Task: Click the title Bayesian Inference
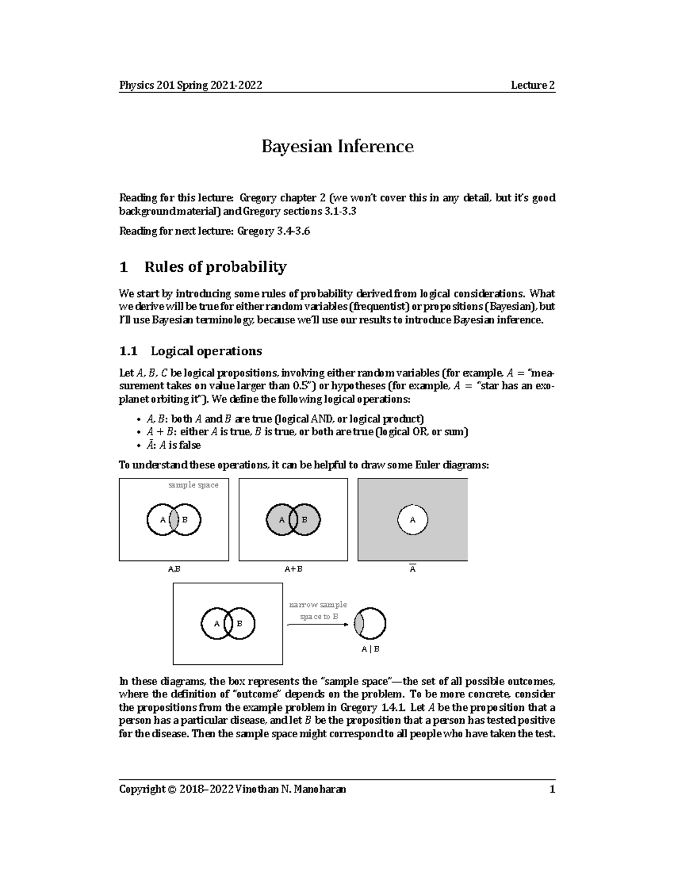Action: click(x=338, y=147)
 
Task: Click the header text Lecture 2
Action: click(x=532, y=85)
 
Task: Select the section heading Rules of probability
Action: click(x=215, y=267)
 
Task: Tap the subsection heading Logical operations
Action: click(x=206, y=351)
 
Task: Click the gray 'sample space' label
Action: click(x=193, y=485)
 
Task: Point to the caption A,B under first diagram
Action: click(x=174, y=569)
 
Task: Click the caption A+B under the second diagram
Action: click(x=293, y=569)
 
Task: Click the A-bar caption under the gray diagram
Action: click(x=412, y=568)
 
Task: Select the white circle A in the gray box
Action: click(x=413, y=519)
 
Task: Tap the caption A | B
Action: click(x=370, y=649)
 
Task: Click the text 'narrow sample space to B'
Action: click(x=318, y=610)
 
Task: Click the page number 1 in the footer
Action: click(x=552, y=789)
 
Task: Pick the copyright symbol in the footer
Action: click(x=171, y=789)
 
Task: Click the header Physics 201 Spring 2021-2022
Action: click(x=190, y=85)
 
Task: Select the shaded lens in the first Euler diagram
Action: click(x=174, y=519)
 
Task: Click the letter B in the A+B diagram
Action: click(x=305, y=519)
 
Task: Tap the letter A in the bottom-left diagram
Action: click(x=217, y=624)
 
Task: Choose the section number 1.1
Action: click(x=128, y=351)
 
